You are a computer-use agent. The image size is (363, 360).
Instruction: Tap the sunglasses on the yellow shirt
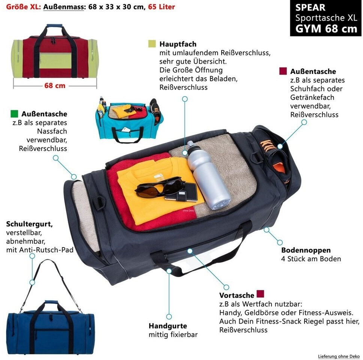tap(159, 187)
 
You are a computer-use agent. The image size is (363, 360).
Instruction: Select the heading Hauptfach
tap(178, 44)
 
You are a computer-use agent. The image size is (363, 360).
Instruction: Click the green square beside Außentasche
tap(15, 113)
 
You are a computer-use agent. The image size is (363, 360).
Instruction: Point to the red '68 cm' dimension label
tap(55, 85)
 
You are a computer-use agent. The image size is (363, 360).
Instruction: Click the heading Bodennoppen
tap(306, 250)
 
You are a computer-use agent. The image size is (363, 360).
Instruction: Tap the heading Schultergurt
tap(29, 224)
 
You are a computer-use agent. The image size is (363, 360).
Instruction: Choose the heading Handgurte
tap(168, 326)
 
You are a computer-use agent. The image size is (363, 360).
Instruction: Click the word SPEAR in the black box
tap(310, 7)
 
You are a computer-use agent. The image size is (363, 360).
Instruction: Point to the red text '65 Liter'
tap(161, 7)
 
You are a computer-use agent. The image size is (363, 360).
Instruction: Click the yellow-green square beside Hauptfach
tap(152, 44)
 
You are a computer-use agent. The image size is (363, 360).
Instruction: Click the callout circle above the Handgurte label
tap(169, 317)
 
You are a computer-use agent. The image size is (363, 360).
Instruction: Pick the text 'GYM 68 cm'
tap(326, 28)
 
